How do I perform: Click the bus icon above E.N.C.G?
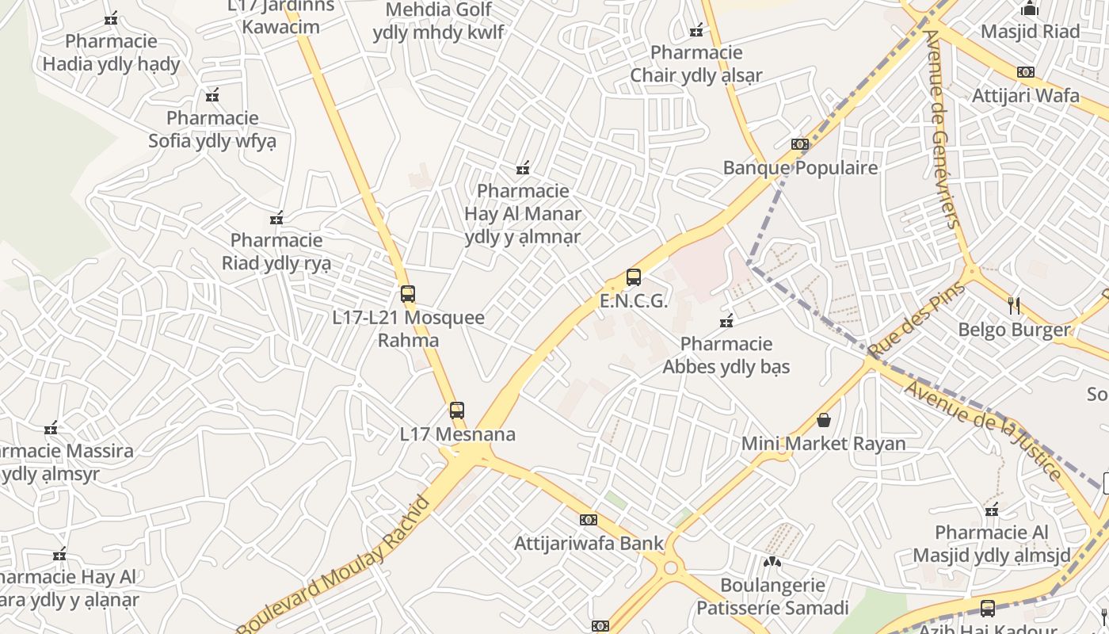coord(634,277)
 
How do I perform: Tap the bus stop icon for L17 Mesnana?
coord(457,411)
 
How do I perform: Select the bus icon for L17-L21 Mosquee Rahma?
coord(408,294)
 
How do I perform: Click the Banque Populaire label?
coord(800,168)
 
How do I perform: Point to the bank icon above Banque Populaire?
coord(800,144)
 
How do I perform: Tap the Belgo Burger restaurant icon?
coord(1014,306)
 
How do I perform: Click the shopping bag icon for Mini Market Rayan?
coord(824,420)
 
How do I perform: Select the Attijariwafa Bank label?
coord(589,544)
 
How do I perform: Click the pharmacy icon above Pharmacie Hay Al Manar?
coord(523,168)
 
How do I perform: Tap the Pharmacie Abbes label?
coord(726,355)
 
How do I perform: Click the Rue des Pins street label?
coord(917,319)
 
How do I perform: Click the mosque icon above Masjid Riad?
coord(1030,9)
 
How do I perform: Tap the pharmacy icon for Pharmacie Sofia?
coord(212,96)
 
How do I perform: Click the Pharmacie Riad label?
coord(276,251)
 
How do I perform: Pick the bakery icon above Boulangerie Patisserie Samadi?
coord(772,562)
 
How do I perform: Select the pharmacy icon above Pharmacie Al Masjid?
coord(992,510)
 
